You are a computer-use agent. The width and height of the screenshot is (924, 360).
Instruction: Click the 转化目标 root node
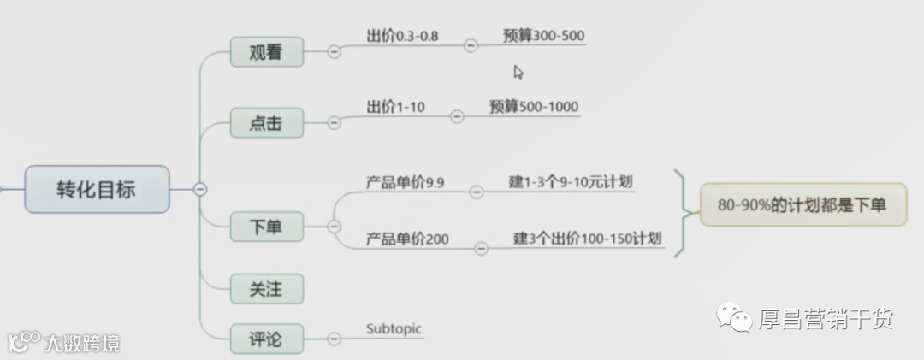point(96,189)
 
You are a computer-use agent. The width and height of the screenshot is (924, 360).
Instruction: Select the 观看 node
point(266,53)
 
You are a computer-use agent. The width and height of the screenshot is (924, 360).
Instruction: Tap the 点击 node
point(266,123)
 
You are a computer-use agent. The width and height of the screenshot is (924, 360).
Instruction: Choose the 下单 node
point(266,227)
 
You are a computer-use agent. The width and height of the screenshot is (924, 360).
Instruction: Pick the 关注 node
point(266,289)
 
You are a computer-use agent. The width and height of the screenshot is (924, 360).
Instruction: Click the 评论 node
point(266,339)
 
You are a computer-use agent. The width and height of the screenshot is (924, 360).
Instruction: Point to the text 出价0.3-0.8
point(401,37)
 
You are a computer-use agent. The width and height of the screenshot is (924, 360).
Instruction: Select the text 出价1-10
point(395,107)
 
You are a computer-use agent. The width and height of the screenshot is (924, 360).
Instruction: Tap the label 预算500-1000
point(534,107)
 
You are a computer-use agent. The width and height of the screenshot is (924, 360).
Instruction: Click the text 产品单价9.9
point(406,182)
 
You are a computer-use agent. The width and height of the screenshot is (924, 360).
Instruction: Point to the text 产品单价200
point(407,239)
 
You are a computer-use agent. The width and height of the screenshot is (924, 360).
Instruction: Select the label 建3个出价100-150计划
point(588,238)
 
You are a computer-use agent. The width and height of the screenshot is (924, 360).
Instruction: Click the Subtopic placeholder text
point(394,328)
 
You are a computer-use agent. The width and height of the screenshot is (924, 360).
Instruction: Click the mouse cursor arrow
point(518,72)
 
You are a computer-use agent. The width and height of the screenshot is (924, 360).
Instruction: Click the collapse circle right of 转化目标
point(200,189)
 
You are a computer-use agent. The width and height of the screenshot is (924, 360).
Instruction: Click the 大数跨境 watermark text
point(82,344)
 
